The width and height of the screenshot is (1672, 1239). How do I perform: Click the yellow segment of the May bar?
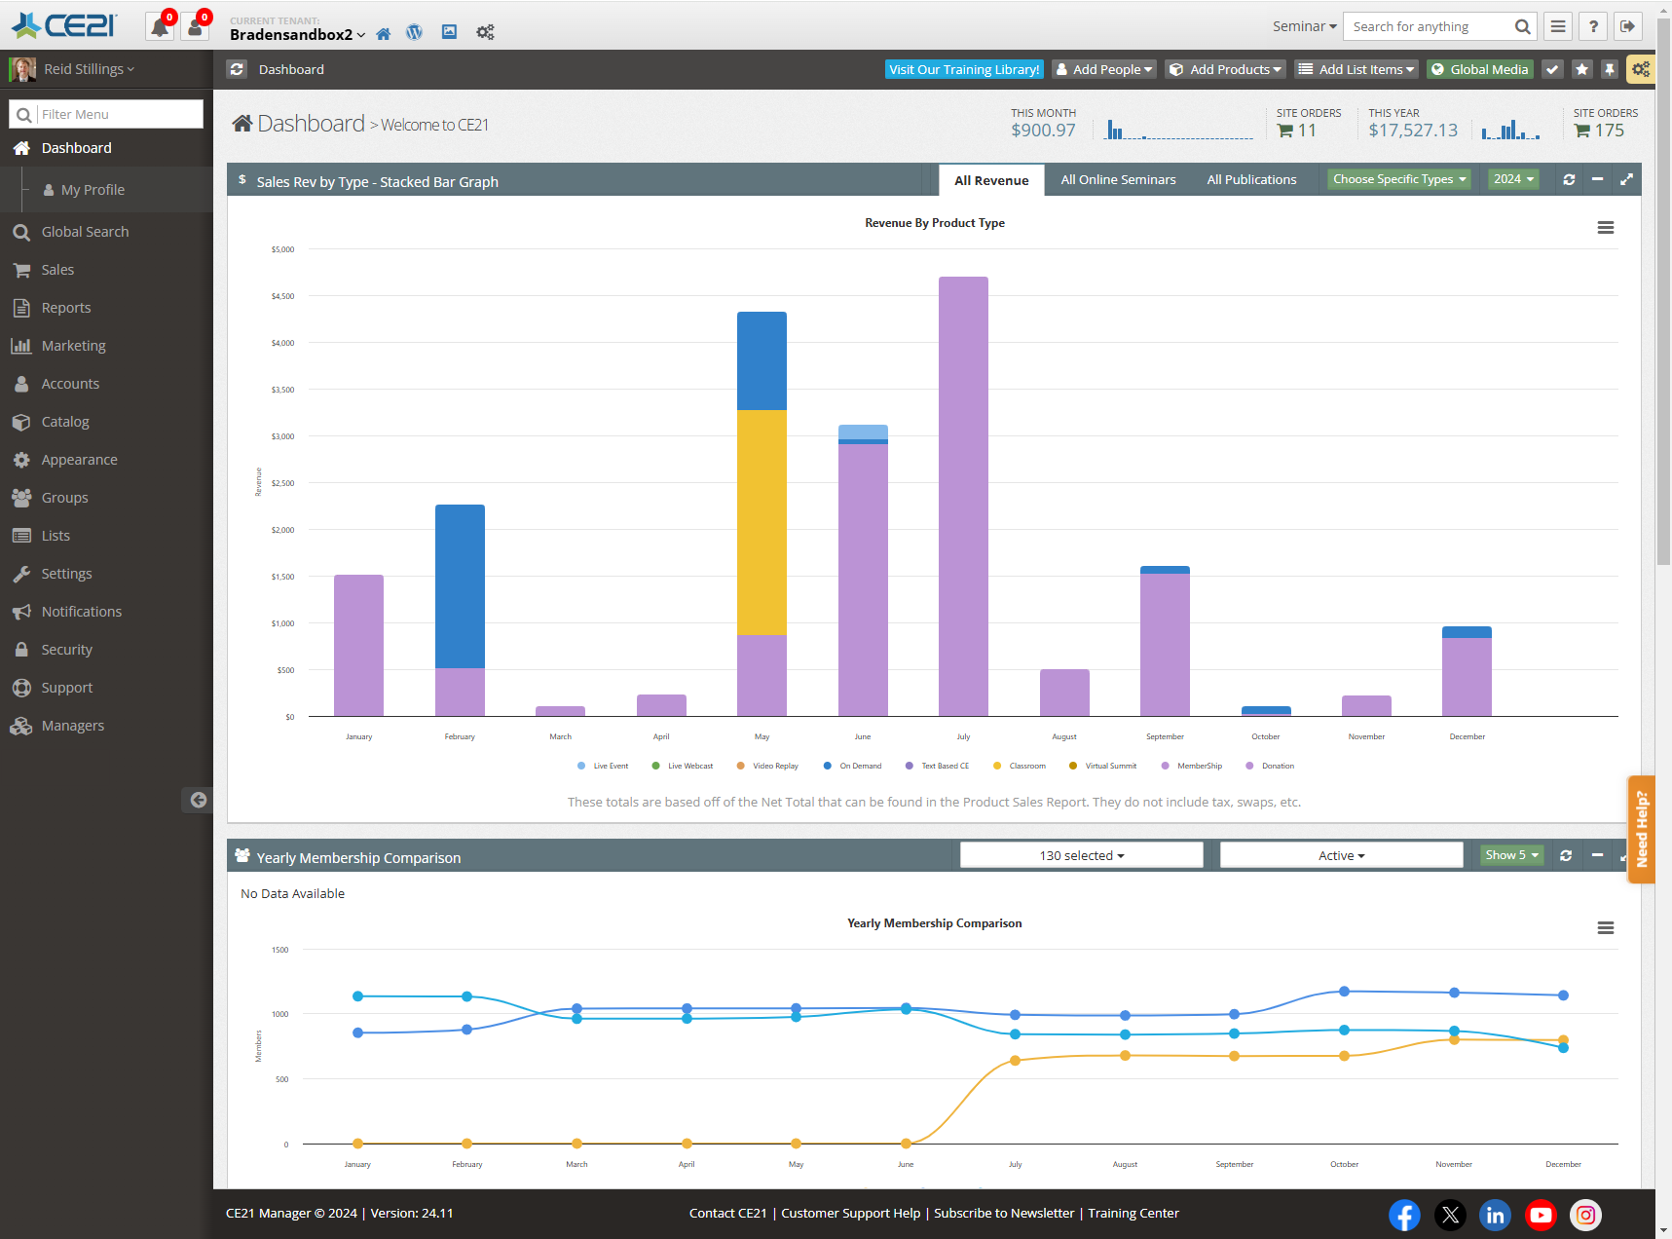tap(762, 521)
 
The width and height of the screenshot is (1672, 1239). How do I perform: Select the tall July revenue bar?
tap(963, 497)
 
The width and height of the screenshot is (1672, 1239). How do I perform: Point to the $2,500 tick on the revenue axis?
tap(282, 483)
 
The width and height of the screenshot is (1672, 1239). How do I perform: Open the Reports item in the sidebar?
tap(65, 308)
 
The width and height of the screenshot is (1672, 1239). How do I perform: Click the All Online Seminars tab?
tap(1118, 179)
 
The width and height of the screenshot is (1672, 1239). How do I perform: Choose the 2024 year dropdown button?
tap(1512, 179)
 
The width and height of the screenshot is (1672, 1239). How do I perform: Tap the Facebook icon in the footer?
tap(1403, 1215)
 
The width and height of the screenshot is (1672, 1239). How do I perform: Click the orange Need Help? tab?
tap(1641, 829)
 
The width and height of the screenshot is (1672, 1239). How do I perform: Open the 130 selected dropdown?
tap(1081, 855)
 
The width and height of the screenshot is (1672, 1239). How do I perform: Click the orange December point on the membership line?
tap(1563, 1040)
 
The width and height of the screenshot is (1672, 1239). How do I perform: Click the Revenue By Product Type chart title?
tap(934, 223)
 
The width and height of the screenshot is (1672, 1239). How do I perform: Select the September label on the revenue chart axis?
tap(1165, 736)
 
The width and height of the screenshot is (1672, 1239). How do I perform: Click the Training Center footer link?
tap(1133, 1213)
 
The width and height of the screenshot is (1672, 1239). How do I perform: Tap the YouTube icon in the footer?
tap(1541, 1215)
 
